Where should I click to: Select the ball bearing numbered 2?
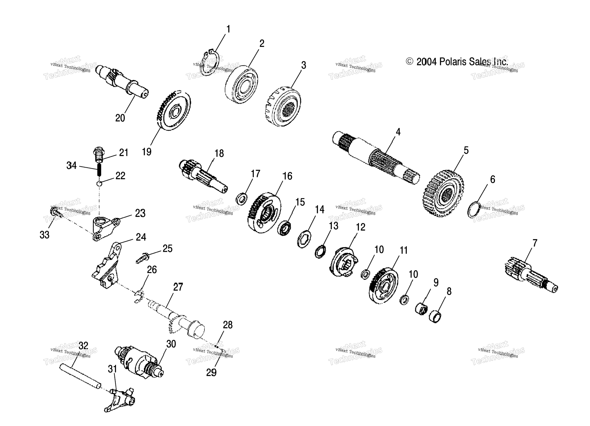pyautogui.click(x=241, y=85)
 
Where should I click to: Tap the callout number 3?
pyautogui.click(x=303, y=65)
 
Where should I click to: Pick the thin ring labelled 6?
pyautogui.click(x=474, y=210)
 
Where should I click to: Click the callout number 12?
pyautogui.click(x=360, y=227)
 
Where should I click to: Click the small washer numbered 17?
pyautogui.click(x=242, y=199)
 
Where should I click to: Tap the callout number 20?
pyautogui.click(x=120, y=118)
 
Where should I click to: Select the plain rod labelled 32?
pyautogui.click(x=80, y=375)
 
